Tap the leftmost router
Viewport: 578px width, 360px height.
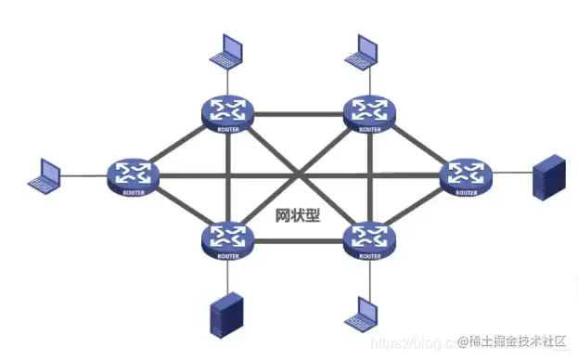click(133, 174)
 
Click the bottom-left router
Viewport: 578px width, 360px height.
click(227, 240)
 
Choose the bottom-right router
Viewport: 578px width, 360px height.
click(369, 240)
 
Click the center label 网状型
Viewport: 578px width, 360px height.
click(298, 214)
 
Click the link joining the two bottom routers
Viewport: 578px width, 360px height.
click(298, 242)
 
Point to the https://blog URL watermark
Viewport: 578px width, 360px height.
click(408, 343)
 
